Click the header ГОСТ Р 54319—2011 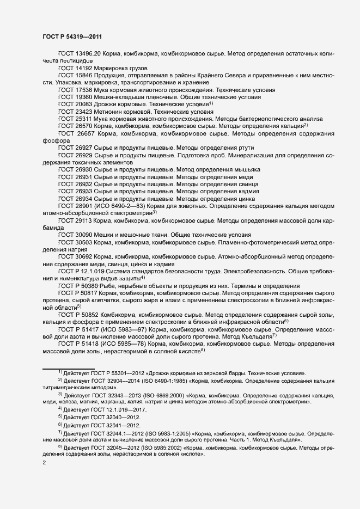[73, 36]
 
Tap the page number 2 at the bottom [44, 463]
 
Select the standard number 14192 [83, 68]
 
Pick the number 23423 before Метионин [83, 111]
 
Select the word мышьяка [246, 170]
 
